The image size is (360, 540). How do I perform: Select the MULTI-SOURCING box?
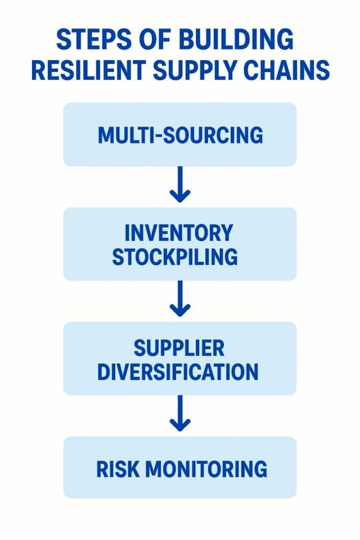[179, 134]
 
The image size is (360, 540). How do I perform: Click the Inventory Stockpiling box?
[179, 244]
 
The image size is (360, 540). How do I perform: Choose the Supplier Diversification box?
[179, 358]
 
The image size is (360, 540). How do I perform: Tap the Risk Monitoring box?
[179, 467]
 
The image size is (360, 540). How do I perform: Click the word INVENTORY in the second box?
[178, 232]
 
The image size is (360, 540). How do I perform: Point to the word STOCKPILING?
[174, 257]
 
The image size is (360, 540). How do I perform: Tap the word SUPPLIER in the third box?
[179, 348]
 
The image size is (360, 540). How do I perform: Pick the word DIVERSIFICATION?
[178, 372]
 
